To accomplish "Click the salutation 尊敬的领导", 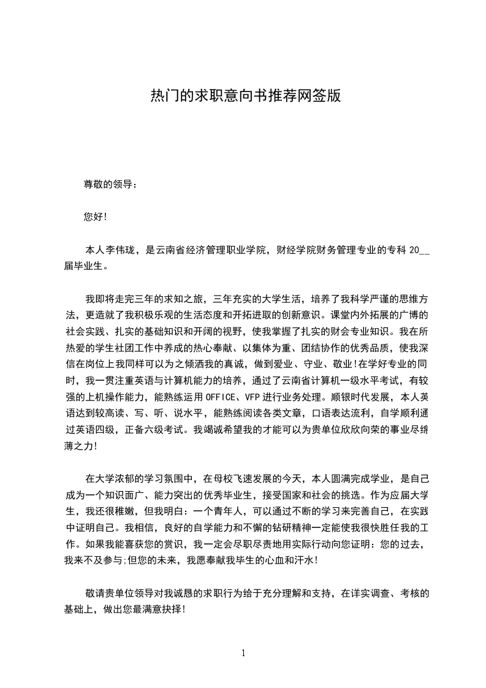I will point(108,184).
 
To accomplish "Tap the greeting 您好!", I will point(96,216).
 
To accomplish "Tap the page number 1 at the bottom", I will point(243,653).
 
